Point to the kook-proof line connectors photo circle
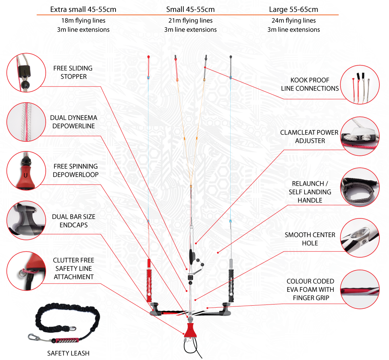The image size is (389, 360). coord(360,84)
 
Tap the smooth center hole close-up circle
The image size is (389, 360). coord(360,238)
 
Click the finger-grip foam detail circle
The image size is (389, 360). coord(360,289)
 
